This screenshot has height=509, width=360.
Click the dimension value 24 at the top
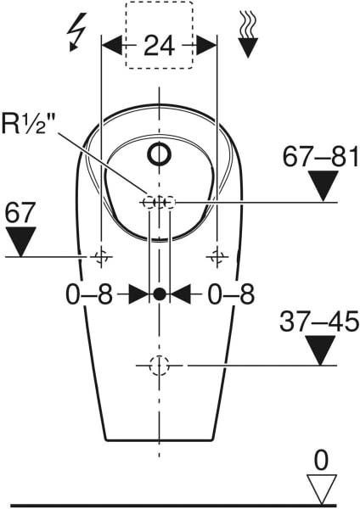(x=159, y=45)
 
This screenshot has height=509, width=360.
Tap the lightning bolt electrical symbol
(x=76, y=32)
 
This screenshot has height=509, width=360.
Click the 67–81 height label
(x=320, y=157)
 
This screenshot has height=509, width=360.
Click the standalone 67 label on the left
(x=20, y=212)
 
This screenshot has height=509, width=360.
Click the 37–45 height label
(x=319, y=322)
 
